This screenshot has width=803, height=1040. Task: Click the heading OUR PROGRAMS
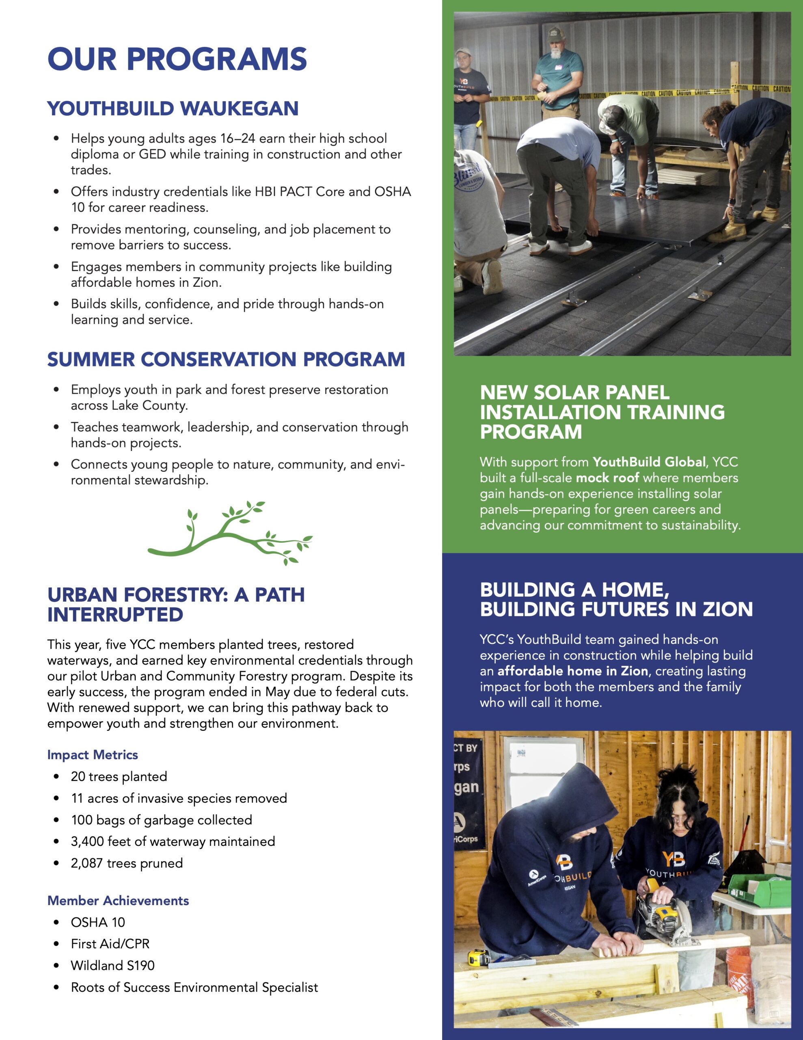tap(177, 59)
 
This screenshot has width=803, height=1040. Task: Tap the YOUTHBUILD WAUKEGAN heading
tap(173, 108)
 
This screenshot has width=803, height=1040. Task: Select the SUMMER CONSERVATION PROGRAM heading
tap(226, 360)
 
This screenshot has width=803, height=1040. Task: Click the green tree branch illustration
tap(229, 533)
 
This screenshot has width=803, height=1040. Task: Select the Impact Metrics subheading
tap(92, 755)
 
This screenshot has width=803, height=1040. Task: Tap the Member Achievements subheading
tap(118, 901)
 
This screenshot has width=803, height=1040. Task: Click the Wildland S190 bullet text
tap(113, 965)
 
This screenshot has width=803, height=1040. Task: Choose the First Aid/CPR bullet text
tap(110, 943)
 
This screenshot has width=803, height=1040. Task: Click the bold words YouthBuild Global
tap(649, 462)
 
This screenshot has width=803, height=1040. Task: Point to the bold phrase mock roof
tap(607, 478)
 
